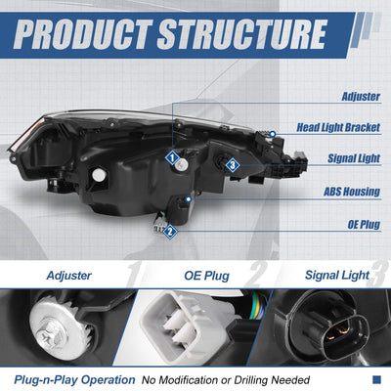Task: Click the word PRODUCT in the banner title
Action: (83, 34)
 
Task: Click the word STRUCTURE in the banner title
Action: (242, 34)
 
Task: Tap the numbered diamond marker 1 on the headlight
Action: (172, 158)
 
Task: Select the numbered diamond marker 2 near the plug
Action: (169, 233)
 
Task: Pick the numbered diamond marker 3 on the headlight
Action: (233, 165)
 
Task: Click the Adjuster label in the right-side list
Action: (361, 97)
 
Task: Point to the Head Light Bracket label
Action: (338, 127)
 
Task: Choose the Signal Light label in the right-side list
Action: (354, 158)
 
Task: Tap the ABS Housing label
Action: (352, 192)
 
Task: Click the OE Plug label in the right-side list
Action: (364, 224)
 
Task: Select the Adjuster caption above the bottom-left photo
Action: (68, 276)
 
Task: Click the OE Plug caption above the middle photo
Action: (206, 276)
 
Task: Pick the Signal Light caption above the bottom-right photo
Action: (337, 276)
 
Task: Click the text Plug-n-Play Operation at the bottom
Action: (74, 380)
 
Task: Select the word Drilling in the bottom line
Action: (250, 380)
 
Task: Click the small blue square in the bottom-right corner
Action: (376, 379)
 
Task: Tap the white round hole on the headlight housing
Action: (99, 175)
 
